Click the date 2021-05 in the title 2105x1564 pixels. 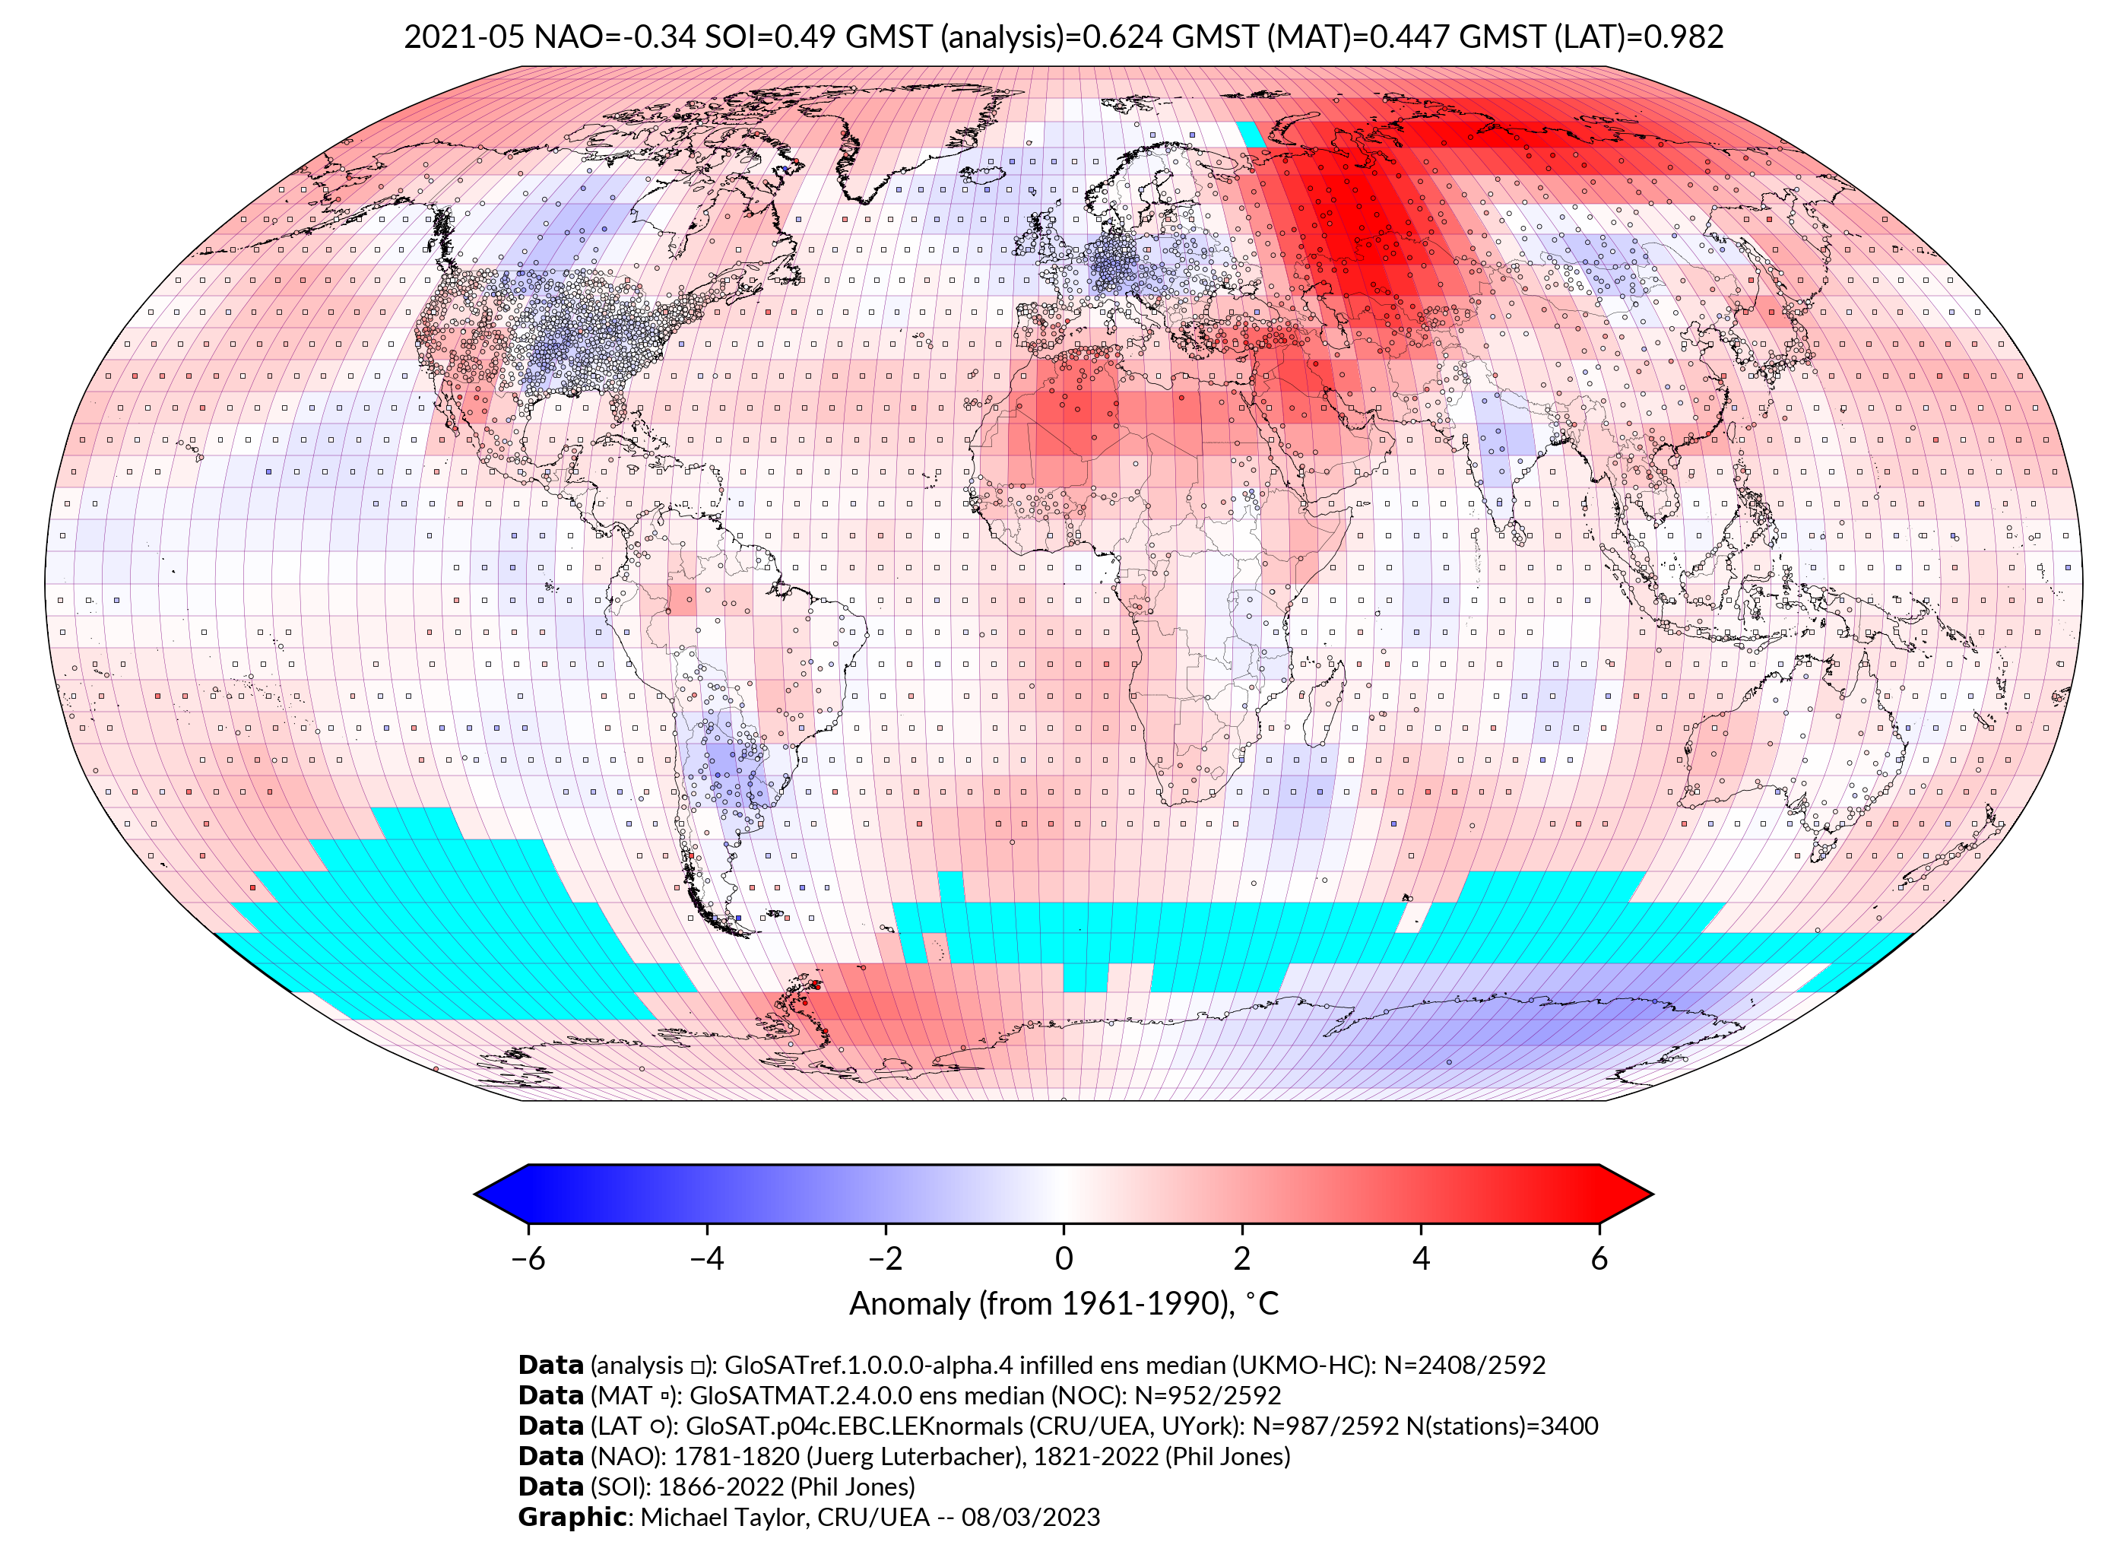[x=464, y=37]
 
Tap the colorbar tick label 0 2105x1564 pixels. [x=1064, y=1258]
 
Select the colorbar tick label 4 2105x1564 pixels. [x=1421, y=1258]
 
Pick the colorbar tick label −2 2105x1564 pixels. [x=885, y=1258]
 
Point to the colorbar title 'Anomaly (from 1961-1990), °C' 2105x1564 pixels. [x=1064, y=1304]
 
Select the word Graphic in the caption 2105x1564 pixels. [x=572, y=1517]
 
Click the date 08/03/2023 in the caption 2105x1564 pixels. [x=1031, y=1517]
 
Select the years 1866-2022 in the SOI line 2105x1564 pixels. [x=718, y=1486]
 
